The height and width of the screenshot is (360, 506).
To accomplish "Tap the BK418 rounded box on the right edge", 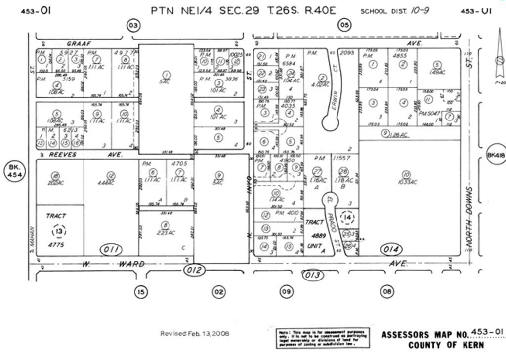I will point(496,155).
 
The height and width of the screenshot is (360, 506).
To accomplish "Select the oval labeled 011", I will point(112,250).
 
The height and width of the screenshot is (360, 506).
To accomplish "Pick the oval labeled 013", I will point(312,275).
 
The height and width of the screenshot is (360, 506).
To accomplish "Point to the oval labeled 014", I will point(392,250).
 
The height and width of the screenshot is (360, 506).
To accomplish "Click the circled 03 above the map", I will point(133,26).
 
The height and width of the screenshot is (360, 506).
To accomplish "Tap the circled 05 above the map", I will point(344,25).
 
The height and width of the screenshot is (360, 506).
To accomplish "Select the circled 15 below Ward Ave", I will point(141,292).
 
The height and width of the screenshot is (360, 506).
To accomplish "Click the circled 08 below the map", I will point(387,292).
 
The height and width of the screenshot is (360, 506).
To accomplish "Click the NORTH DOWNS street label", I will point(469,218).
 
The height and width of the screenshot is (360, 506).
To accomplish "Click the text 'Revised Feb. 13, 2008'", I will point(195,334).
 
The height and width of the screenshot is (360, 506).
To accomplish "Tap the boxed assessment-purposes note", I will point(322,338).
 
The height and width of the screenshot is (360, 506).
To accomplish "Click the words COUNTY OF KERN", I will point(446,345).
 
